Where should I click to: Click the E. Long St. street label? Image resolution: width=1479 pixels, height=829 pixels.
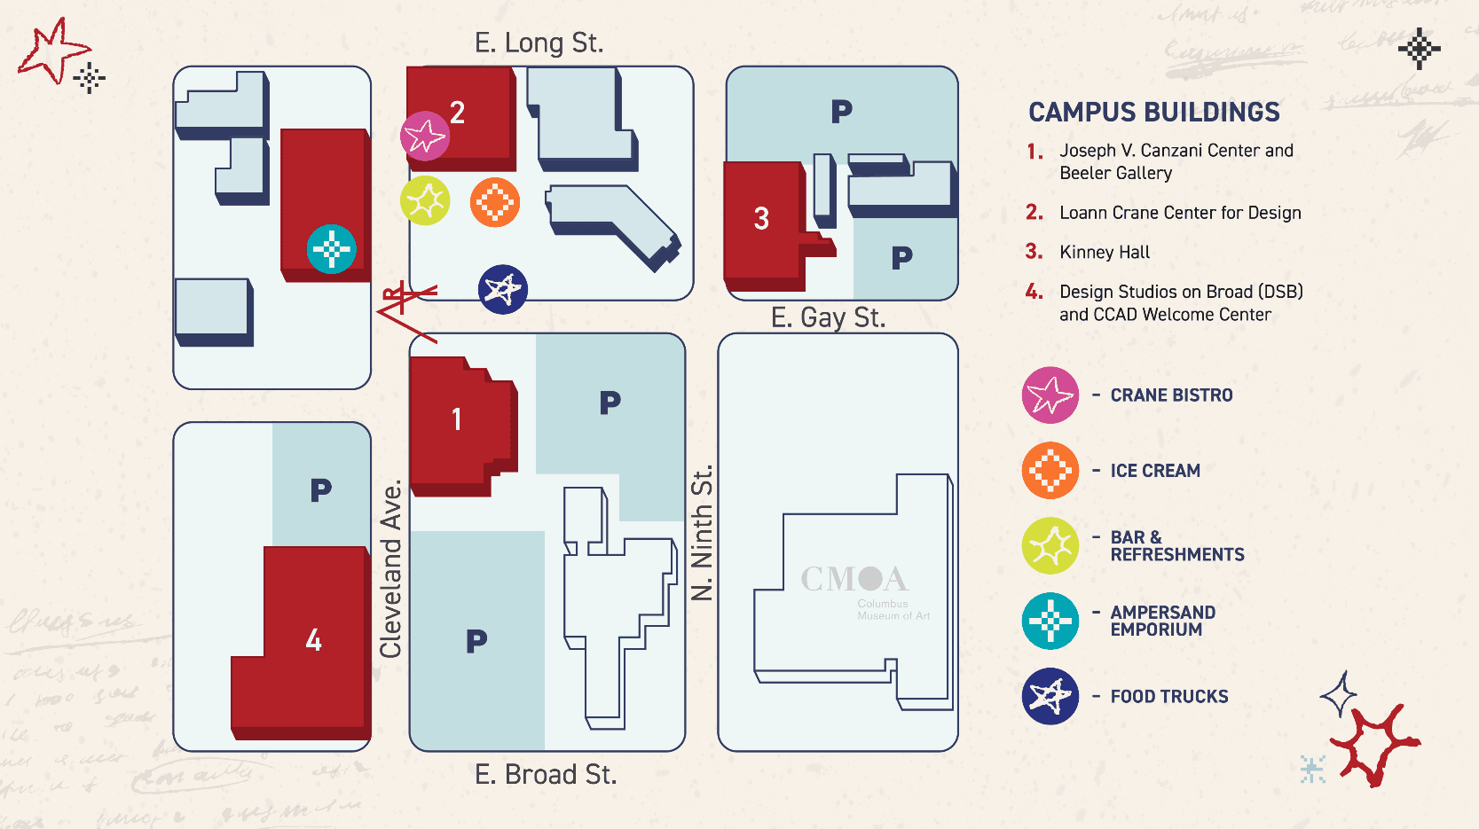(539, 43)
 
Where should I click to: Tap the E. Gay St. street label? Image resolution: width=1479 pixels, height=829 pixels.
(828, 317)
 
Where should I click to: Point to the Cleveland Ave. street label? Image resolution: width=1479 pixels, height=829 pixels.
(391, 569)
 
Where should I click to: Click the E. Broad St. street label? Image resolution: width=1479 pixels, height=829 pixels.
(545, 775)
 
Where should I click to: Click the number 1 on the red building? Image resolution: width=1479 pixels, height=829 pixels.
(456, 419)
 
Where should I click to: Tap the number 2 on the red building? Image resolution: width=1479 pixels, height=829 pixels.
(457, 113)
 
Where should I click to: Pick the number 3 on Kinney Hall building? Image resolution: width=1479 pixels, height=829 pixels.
(761, 219)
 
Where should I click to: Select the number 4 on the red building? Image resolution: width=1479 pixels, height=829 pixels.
(313, 640)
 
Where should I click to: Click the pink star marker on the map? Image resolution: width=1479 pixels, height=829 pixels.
(425, 137)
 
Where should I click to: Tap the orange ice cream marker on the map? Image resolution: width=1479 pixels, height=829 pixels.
(495, 202)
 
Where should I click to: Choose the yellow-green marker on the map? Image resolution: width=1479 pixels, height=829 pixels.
(425, 201)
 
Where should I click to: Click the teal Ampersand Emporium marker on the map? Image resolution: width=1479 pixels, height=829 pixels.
(332, 249)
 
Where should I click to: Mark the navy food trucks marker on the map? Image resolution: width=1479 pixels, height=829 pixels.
(503, 289)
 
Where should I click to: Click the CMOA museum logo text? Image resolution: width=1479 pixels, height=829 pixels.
(854, 580)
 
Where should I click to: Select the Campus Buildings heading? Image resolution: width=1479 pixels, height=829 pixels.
(1153, 113)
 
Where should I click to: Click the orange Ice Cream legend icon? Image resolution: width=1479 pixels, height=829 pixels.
(1050, 471)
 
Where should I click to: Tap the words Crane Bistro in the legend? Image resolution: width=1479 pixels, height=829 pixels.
(1171, 395)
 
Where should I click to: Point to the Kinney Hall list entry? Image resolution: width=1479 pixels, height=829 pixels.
(1104, 253)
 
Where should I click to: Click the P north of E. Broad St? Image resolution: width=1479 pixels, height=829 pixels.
(476, 641)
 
